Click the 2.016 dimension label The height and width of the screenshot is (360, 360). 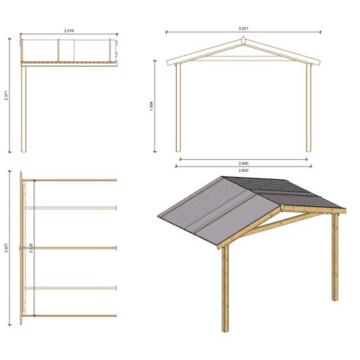69,31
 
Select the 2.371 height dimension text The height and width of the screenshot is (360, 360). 7,94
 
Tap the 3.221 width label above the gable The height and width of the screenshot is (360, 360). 242,29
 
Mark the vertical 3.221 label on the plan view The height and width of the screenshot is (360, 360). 7,247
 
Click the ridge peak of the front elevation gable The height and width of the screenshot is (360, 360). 243,41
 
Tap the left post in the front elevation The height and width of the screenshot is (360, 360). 178,108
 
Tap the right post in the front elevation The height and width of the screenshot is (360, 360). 308,108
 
